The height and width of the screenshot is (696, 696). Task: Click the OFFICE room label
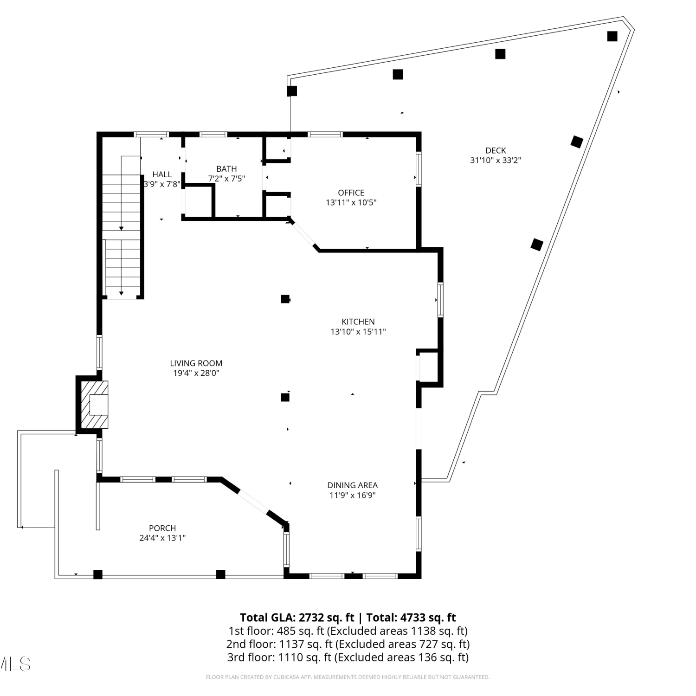point(351,193)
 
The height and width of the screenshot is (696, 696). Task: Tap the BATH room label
point(226,169)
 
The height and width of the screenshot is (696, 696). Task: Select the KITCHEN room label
point(358,322)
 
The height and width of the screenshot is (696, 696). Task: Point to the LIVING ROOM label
point(196,363)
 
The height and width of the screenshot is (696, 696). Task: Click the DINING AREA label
point(352,485)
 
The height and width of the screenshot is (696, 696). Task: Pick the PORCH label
point(162,528)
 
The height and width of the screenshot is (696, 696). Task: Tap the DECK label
point(496,150)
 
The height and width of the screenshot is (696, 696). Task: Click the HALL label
point(162,174)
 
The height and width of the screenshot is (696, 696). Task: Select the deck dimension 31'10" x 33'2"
point(496,161)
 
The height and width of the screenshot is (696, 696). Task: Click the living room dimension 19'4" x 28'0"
point(196,373)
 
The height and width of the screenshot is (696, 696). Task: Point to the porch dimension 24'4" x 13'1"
point(162,538)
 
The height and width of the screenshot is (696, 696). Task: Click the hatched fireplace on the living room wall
point(95,405)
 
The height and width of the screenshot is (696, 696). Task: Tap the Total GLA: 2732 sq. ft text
point(297,618)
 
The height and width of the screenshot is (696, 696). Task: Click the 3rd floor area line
point(348,657)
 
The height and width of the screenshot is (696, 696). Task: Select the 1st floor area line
point(348,631)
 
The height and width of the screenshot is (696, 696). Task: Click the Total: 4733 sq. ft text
point(411,618)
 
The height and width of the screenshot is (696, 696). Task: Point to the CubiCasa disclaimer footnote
point(348,677)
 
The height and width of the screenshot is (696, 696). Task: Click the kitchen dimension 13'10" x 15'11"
point(358,332)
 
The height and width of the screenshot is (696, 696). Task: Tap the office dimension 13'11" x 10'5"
point(351,203)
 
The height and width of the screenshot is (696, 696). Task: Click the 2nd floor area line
point(348,644)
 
